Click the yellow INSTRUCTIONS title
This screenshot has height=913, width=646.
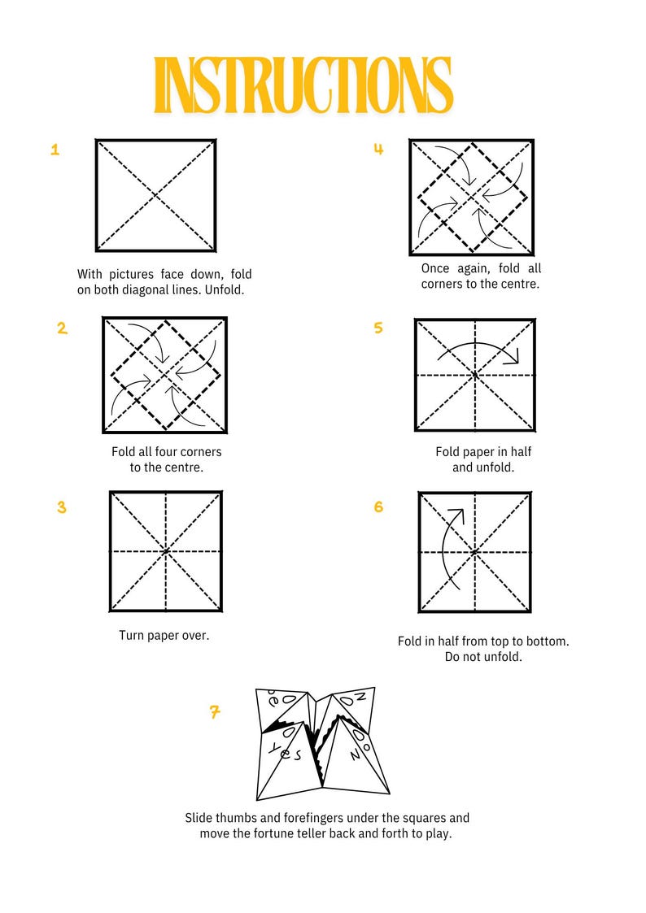pos(303,85)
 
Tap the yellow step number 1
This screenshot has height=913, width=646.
pos(55,150)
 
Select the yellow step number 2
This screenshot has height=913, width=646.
pos(62,328)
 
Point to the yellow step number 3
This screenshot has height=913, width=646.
pos(62,507)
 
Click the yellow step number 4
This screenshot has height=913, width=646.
pos(378,149)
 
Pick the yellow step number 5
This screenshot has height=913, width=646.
pos(378,328)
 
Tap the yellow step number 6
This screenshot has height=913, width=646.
pos(378,507)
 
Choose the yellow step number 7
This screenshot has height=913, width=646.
pos(215,712)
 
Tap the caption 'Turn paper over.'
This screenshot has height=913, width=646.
pos(164,635)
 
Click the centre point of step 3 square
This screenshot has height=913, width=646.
pos(166,551)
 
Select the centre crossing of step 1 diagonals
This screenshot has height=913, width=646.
pos(156,195)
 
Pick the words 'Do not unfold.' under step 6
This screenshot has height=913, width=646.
pos(483,657)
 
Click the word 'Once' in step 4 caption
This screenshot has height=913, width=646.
pos(436,268)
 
